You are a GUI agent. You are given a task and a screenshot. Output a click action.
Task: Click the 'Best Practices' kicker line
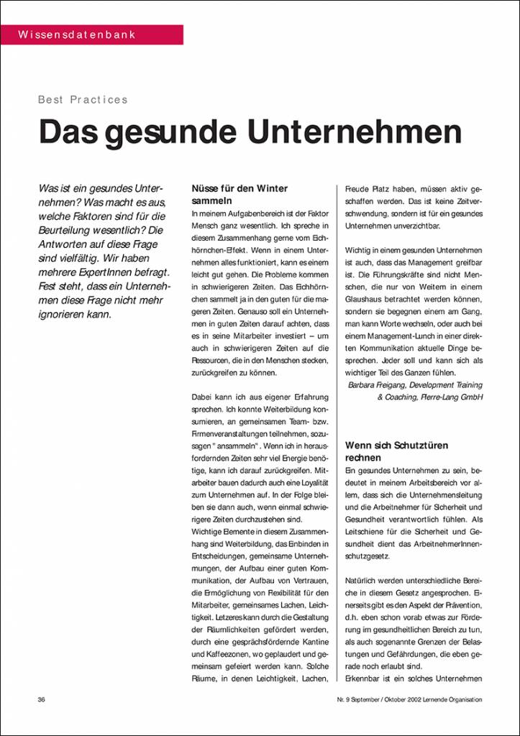point(83,100)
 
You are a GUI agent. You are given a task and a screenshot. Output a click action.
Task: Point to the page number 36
point(41,699)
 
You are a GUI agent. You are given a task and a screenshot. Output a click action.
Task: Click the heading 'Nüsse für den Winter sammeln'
point(240,195)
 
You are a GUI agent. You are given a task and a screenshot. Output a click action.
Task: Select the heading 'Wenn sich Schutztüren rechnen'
point(396,451)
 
